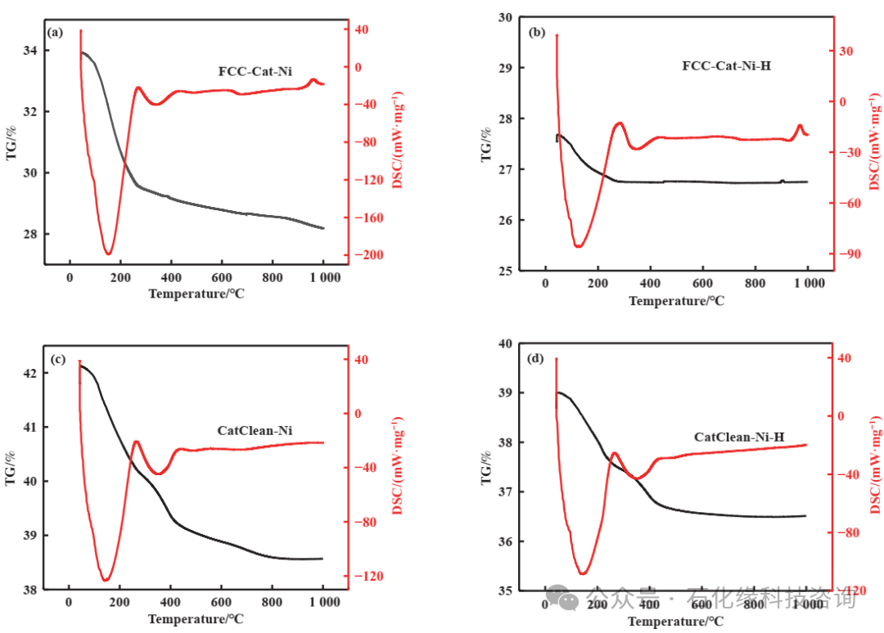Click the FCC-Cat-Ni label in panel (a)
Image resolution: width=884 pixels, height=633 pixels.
255,71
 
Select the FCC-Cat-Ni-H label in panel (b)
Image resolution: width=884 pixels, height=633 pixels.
726,65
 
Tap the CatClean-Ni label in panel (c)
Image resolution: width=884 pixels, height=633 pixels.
255,431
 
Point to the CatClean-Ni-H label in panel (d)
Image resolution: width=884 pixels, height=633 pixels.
739,438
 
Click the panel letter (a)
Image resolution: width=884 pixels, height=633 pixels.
56,33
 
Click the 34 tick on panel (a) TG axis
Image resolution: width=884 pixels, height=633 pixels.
29,51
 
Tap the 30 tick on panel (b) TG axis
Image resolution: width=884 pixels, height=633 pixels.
504,17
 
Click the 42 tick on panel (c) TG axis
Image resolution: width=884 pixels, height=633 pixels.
29,374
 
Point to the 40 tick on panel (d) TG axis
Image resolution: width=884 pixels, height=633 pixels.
504,343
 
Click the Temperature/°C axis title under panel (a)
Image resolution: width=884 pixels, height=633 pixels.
196,294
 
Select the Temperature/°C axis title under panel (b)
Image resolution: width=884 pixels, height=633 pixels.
676,301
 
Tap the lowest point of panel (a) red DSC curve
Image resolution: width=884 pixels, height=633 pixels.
108,254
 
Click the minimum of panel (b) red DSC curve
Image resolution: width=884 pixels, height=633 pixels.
579,246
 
